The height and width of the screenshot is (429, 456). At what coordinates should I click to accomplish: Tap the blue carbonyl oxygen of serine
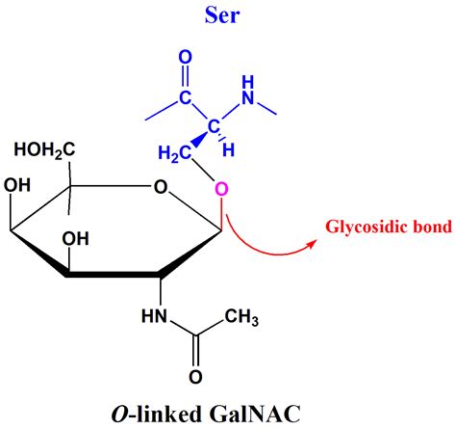tap(187, 60)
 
